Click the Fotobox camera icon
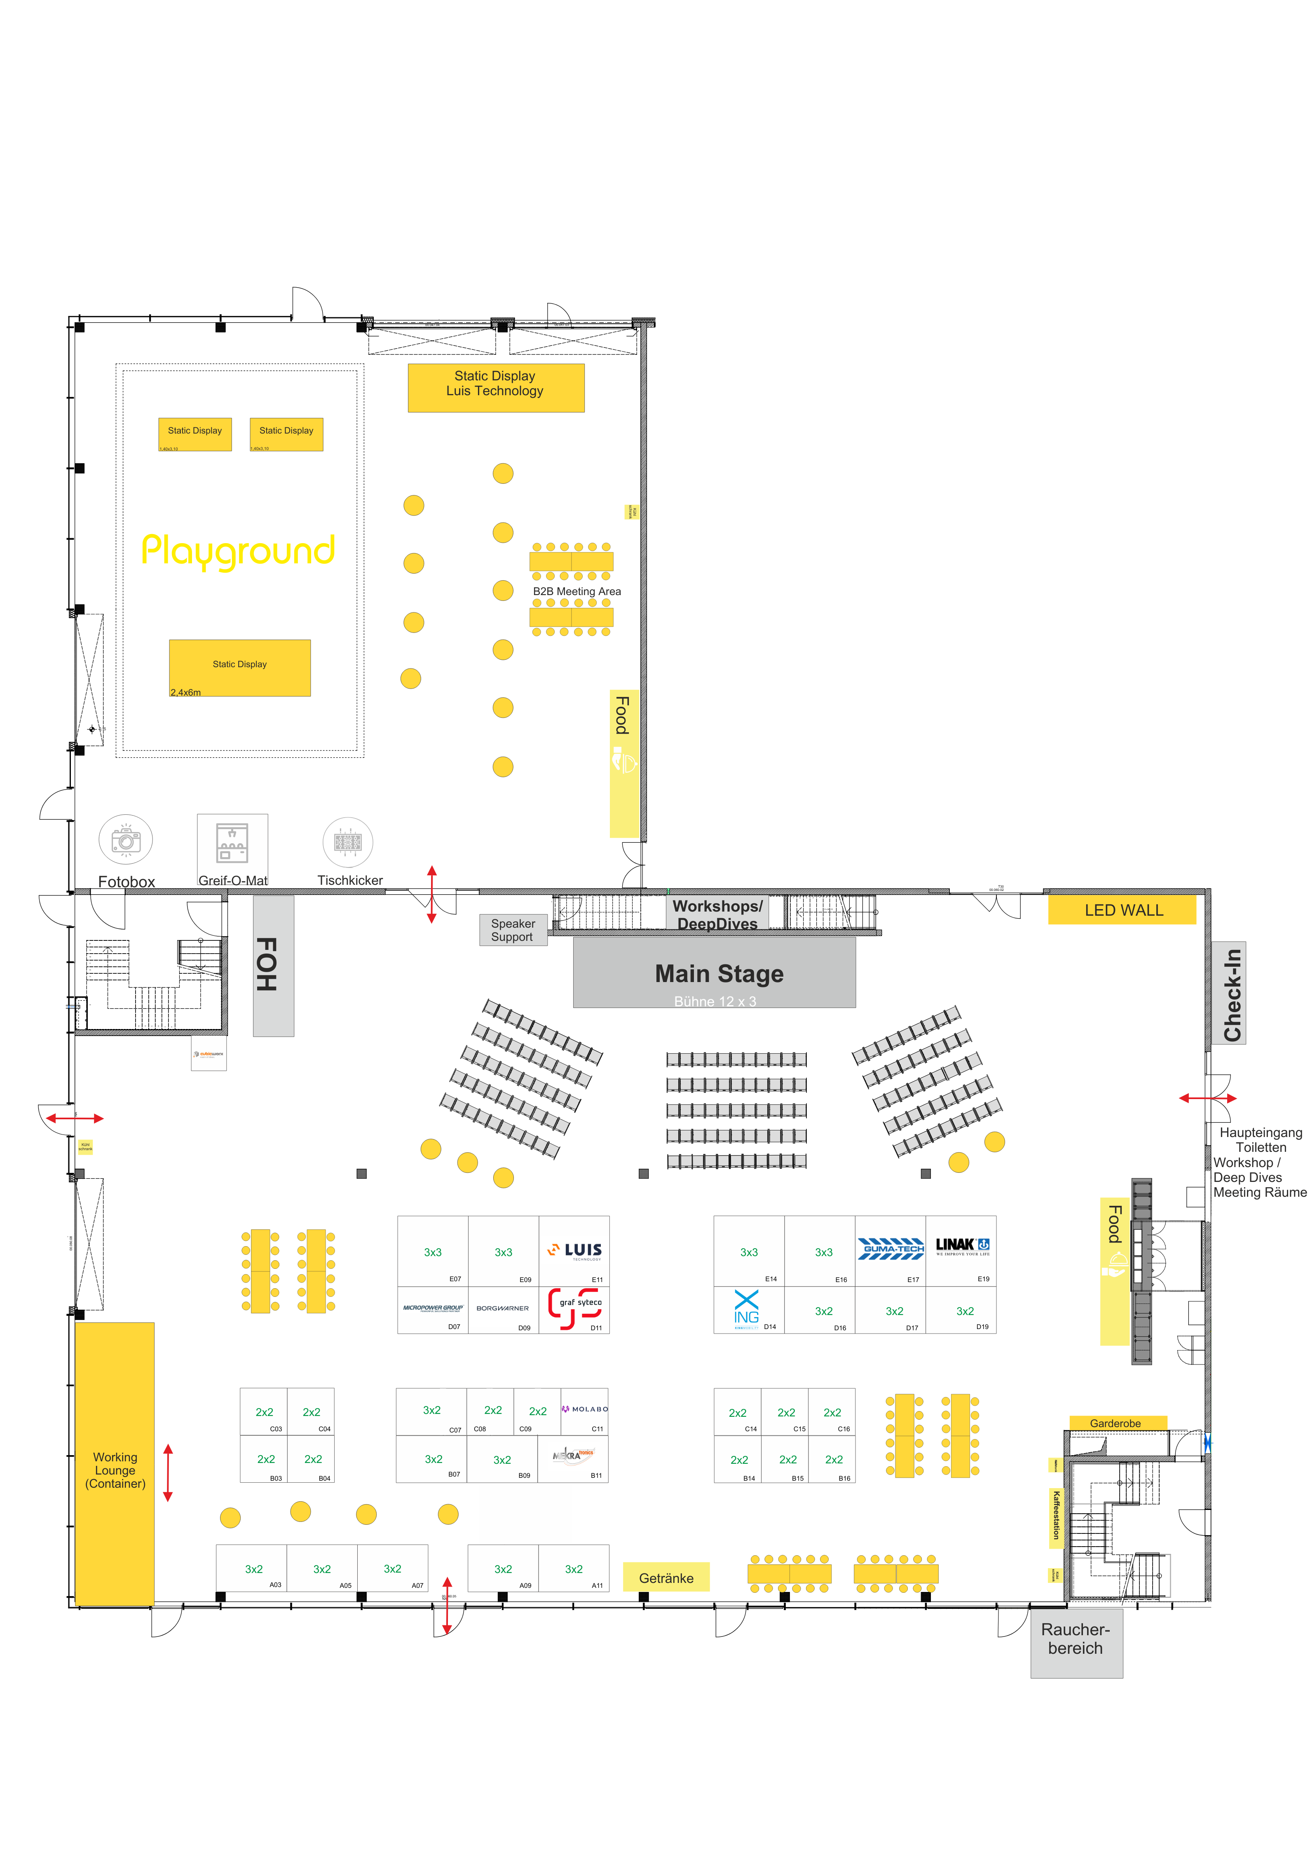click(126, 840)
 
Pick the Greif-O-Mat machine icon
click(232, 843)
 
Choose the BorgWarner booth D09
click(503, 1308)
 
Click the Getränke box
click(666, 1578)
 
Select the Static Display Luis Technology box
click(495, 388)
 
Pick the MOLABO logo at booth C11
click(586, 1408)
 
